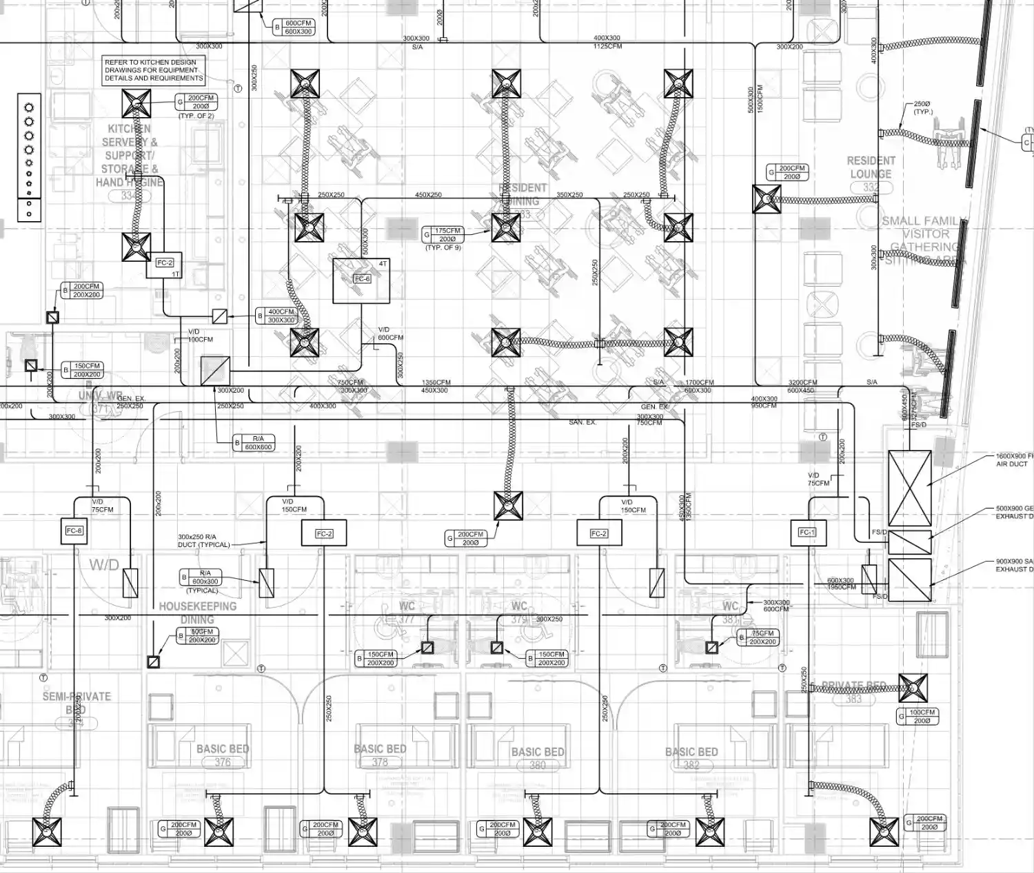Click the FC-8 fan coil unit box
point(74,531)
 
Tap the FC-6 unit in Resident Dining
point(362,279)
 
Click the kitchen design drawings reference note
point(154,70)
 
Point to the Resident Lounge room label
point(871,167)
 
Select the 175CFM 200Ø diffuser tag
point(447,235)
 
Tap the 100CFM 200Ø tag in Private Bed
point(922,717)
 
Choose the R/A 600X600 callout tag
point(258,442)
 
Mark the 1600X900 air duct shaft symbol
point(909,488)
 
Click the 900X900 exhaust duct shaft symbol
point(909,580)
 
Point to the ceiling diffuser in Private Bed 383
point(913,688)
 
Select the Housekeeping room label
point(198,606)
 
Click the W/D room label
point(104,565)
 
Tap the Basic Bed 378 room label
point(380,754)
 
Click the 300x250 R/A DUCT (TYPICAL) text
point(204,541)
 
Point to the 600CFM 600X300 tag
point(298,27)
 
